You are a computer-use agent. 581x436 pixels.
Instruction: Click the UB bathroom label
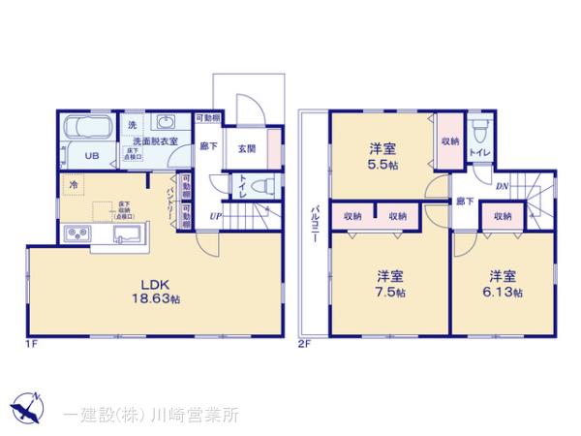coord(90,155)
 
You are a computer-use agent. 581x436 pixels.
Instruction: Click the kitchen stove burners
coord(76,234)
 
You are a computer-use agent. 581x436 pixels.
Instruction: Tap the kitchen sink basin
coord(130,234)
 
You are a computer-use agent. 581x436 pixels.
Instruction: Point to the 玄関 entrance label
coord(246,149)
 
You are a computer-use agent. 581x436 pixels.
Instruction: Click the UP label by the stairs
coord(214,215)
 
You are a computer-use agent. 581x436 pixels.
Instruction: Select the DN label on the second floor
coord(502,186)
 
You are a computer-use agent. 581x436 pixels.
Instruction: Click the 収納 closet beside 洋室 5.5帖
coord(449,142)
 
